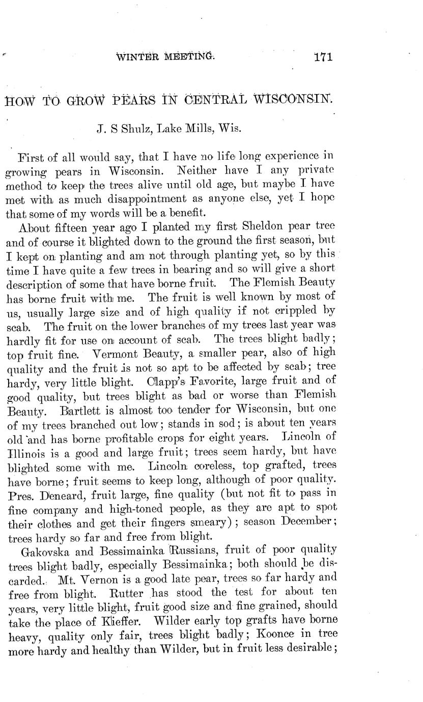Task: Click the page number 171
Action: coord(323,56)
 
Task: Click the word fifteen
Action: coord(69,225)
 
